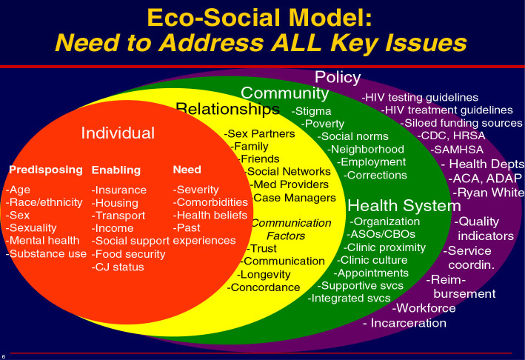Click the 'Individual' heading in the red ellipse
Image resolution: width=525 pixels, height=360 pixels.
click(118, 133)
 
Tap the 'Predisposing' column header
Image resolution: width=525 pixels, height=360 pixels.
click(46, 170)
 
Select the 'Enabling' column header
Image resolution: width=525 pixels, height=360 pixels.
click(116, 170)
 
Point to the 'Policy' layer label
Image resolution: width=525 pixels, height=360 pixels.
click(338, 77)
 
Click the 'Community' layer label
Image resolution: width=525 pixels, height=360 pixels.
click(284, 93)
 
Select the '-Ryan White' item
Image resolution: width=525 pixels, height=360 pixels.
click(489, 192)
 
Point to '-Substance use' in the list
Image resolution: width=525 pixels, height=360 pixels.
click(46, 254)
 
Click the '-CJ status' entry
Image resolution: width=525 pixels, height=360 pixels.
click(118, 267)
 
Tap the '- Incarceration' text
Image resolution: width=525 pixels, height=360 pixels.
click(404, 323)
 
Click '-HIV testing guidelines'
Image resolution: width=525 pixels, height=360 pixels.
click(419, 97)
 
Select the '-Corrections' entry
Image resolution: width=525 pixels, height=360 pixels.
click(375, 175)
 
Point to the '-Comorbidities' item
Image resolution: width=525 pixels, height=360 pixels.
click(210, 201)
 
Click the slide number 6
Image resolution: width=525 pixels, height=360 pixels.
click(4, 355)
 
